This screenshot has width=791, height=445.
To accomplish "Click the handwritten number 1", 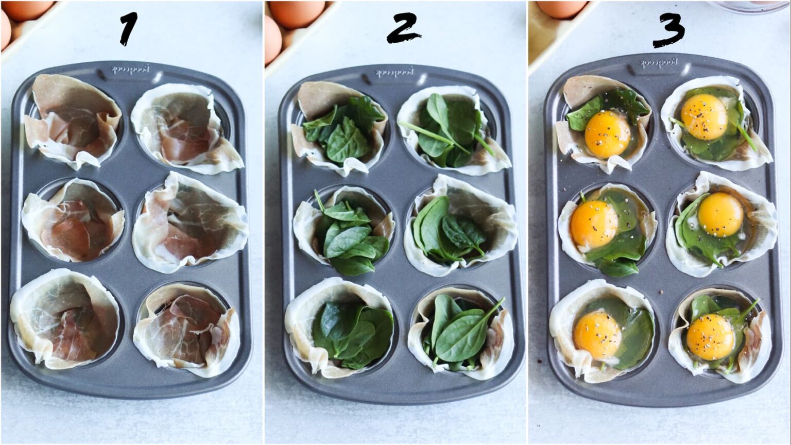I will [x=128, y=29].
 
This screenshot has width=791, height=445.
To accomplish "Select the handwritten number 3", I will [x=668, y=30].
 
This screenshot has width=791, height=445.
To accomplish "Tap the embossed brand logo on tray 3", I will [x=659, y=63].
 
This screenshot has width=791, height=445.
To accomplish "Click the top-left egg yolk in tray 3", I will [x=608, y=134].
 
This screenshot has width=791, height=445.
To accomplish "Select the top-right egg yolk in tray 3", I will [x=704, y=117].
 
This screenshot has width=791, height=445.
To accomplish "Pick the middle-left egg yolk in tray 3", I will [x=594, y=224].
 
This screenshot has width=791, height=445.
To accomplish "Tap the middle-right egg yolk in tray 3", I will [x=720, y=214].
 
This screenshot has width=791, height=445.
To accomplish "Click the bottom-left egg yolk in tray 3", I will [x=597, y=335].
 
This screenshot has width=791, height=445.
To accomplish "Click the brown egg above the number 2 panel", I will [x=297, y=13].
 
